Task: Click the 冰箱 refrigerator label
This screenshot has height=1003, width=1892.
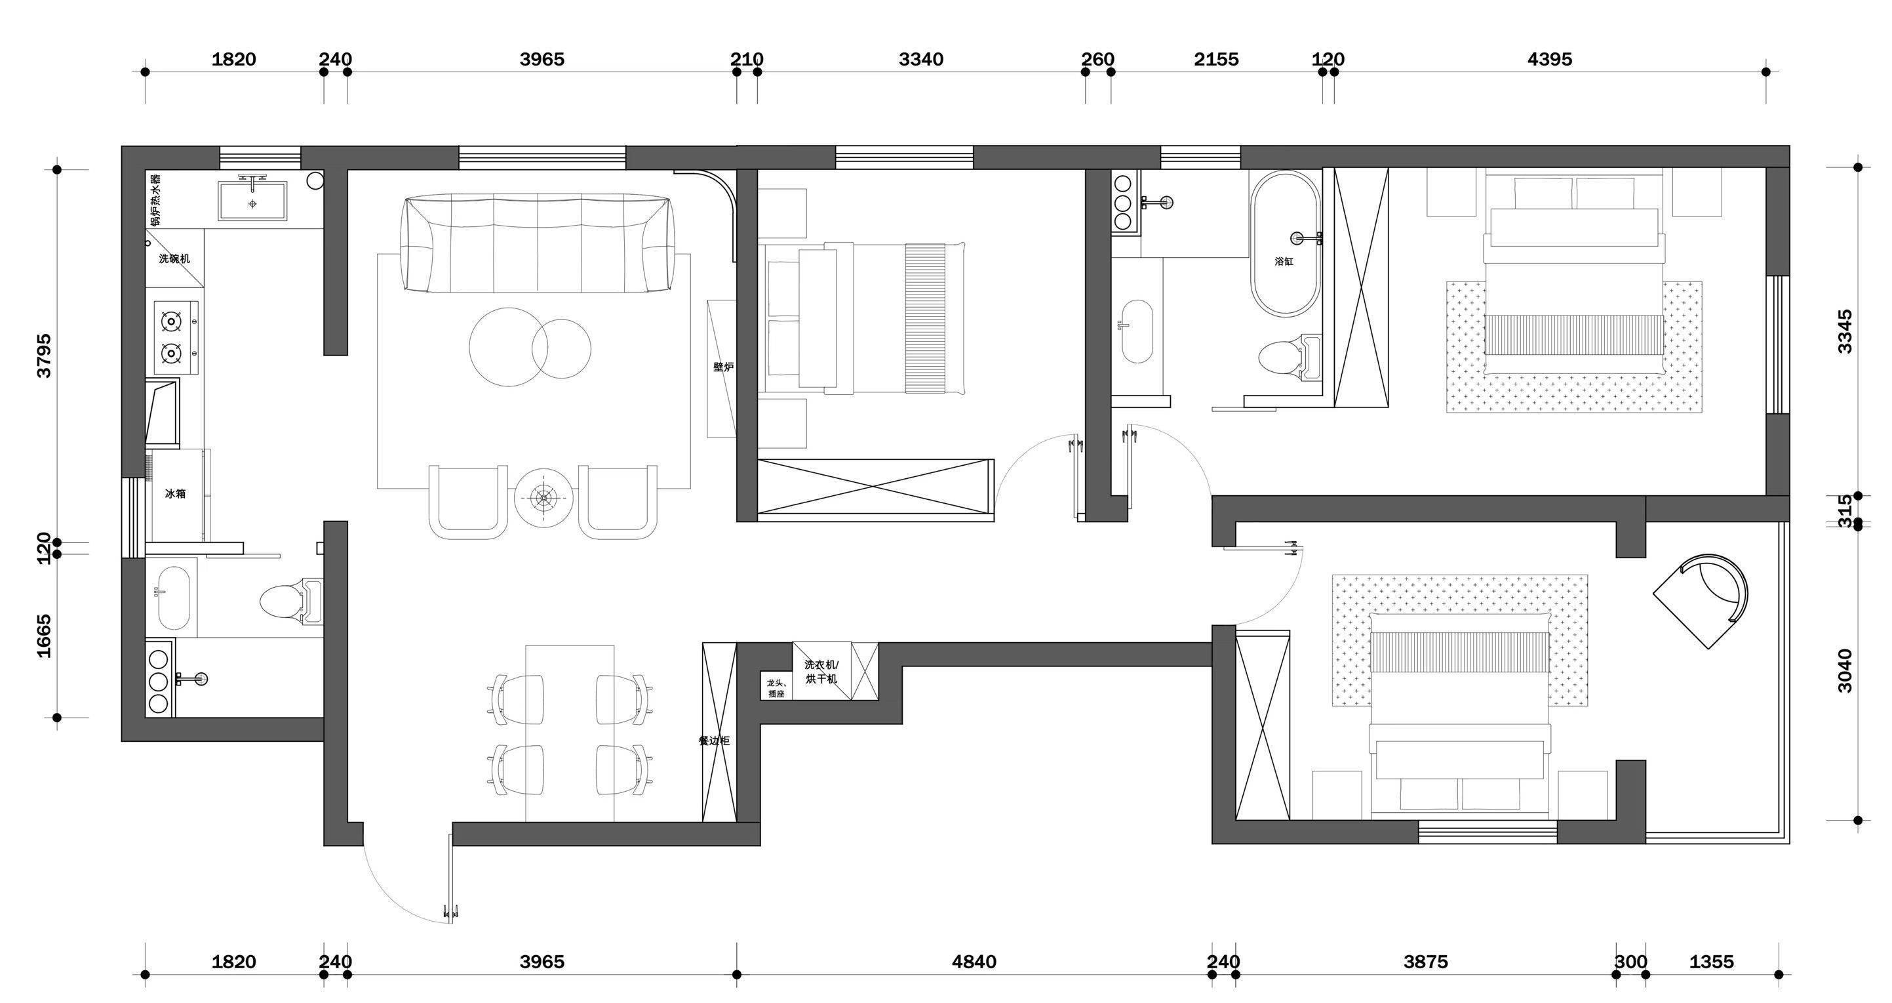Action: click(x=175, y=494)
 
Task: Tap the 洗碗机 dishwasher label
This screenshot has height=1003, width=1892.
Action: click(x=175, y=258)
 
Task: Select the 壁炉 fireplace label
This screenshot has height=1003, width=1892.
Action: click(x=724, y=367)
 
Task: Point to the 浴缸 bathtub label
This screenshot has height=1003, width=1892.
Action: click(x=1284, y=261)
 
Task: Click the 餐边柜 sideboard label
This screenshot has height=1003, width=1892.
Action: click(x=714, y=741)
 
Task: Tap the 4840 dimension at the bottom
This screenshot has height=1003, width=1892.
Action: click(x=974, y=962)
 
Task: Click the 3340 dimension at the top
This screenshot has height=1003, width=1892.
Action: click(x=921, y=59)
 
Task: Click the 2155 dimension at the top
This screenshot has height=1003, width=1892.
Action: click(x=1216, y=59)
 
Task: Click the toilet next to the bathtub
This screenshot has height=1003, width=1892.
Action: click(x=1290, y=359)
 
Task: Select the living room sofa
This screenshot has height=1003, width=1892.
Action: click(x=537, y=243)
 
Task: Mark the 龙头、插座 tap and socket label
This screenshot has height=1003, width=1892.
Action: click(x=776, y=687)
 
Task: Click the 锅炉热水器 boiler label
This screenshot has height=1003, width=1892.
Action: click(x=156, y=199)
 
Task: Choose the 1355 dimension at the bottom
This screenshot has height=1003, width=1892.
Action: click(x=1711, y=962)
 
